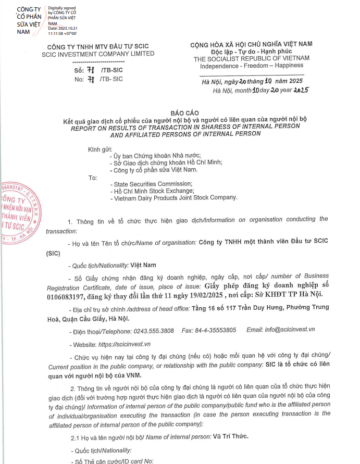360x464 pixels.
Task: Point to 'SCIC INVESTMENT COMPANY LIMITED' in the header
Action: [97, 54]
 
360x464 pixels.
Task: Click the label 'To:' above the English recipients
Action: [93, 178]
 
